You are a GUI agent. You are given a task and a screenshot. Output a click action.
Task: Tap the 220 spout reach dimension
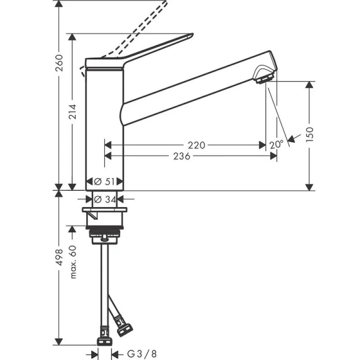(x=196, y=145)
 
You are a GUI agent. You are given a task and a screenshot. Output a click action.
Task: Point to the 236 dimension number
(x=181, y=156)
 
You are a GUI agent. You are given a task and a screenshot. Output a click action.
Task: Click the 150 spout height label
(x=310, y=133)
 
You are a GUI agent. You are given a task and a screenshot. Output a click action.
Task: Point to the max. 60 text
(x=73, y=262)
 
